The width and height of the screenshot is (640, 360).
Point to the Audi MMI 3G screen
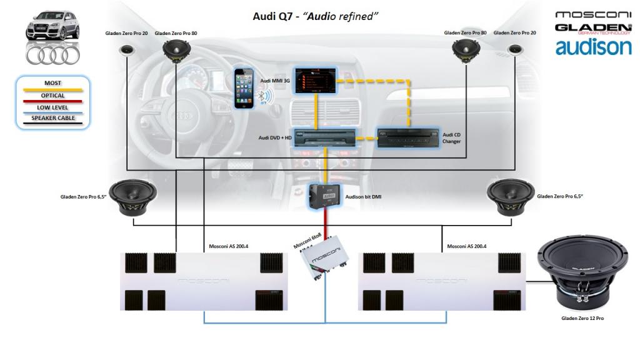(316, 80)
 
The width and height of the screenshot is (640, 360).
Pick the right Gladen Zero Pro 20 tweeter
(516, 51)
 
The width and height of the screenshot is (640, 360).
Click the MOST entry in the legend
(53, 84)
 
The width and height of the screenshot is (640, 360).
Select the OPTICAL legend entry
(53, 96)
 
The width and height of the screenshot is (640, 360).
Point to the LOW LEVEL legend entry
(53, 107)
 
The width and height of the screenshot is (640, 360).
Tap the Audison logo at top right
(593, 47)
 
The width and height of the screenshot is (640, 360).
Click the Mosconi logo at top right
(593, 14)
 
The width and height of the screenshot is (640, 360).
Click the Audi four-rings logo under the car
(52, 55)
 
